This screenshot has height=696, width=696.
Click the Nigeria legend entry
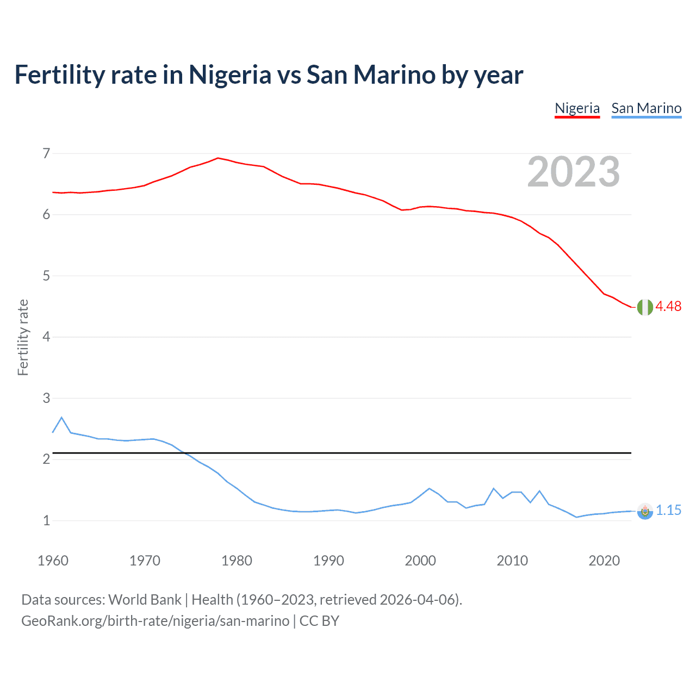(577, 108)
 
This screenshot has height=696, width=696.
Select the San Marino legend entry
(646, 108)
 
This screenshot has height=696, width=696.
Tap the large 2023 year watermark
(573, 172)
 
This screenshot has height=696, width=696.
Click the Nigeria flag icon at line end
(644, 307)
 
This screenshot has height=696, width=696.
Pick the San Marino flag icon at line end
(644, 511)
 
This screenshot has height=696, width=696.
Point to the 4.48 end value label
(668, 307)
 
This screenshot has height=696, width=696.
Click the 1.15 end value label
(668, 511)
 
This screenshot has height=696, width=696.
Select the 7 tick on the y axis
(46, 154)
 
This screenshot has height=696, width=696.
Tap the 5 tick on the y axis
(46, 276)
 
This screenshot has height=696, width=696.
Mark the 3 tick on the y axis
(46, 399)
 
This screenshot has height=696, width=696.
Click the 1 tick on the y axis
(46, 521)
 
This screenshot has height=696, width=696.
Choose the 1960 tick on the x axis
(53, 561)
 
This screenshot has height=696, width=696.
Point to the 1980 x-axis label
(237, 561)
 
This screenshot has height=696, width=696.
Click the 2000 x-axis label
(420, 561)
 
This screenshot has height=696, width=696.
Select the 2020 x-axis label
(604, 561)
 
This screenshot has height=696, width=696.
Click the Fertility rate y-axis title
(23, 337)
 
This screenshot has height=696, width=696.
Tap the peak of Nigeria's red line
(218, 158)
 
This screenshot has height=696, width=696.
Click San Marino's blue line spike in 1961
(61, 418)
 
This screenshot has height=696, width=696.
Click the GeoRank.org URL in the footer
(155, 621)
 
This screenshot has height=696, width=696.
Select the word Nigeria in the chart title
(229, 75)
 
